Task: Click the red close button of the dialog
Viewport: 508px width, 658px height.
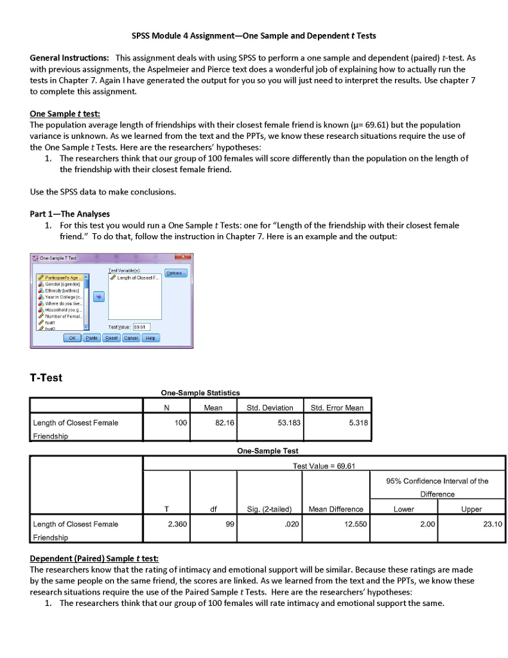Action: coord(179,257)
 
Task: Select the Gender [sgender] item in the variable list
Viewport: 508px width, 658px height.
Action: coord(59,283)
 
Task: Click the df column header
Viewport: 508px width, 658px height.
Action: coord(213,509)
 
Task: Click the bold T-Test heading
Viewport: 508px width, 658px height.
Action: coord(46,378)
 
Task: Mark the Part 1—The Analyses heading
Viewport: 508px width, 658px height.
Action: coord(70,214)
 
